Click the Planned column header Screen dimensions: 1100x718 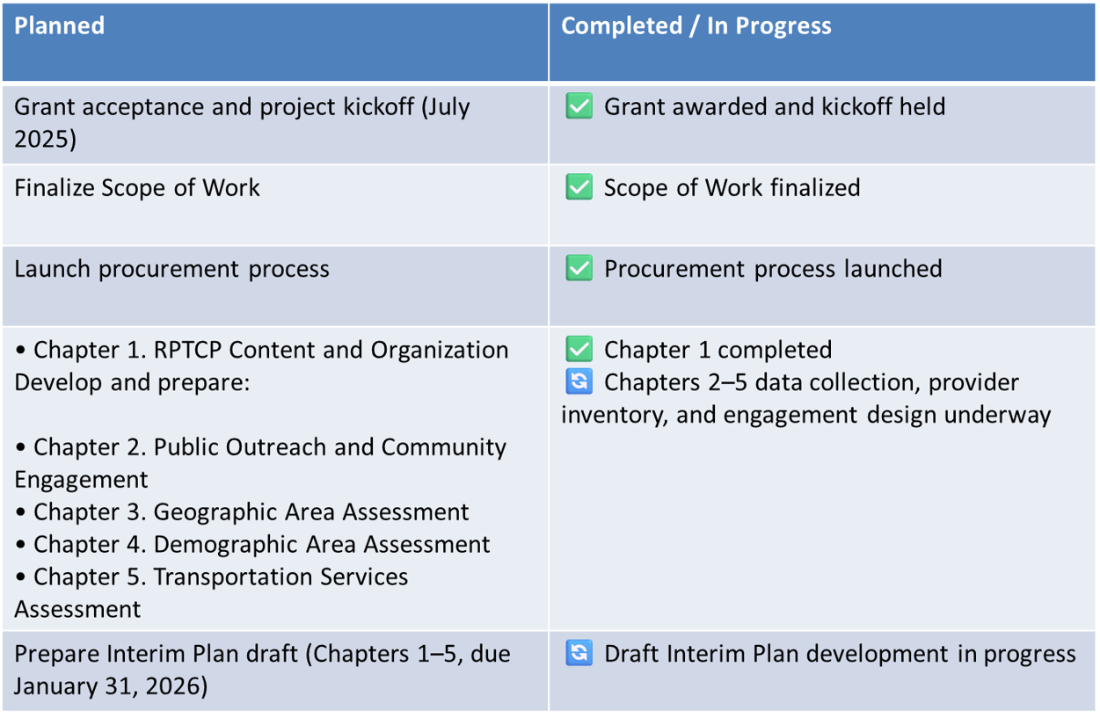pyautogui.click(x=60, y=25)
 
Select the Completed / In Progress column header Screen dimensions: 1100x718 pyautogui.click(x=696, y=25)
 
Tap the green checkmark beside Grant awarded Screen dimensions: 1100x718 pyautogui.click(x=579, y=105)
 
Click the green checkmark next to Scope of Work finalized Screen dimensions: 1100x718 pyautogui.click(x=579, y=186)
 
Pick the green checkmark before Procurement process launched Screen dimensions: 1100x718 pyautogui.click(x=579, y=267)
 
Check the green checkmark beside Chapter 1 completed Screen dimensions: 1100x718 pyautogui.click(x=579, y=348)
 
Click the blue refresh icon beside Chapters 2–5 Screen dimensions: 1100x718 pyautogui.click(x=579, y=381)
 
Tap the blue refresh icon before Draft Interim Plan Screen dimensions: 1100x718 pyautogui.click(x=579, y=652)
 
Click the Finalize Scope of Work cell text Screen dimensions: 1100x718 pyautogui.click(x=137, y=187)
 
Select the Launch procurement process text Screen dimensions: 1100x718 pyautogui.click(x=171, y=269)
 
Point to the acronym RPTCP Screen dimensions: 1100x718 pyautogui.click(x=187, y=350)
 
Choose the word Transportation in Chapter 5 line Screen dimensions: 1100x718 pyautogui.click(x=233, y=577)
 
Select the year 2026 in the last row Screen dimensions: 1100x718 pyautogui.click(x=175, y=686)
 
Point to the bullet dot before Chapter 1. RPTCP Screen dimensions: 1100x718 pyautogui.click(x=20, y=351)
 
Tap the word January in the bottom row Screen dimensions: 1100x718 pyautogui.click(x=55, y=686)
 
